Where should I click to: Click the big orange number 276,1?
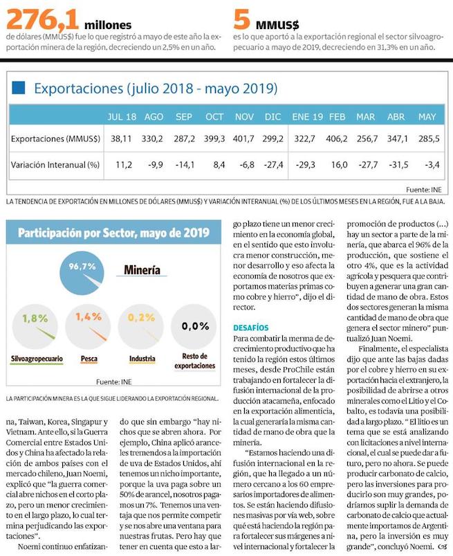pos(43,17)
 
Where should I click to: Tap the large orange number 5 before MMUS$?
pos(242,17)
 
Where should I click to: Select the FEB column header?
pos(337,117)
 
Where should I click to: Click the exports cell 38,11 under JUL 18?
pos(121,138)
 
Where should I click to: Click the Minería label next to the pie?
pos(142,269)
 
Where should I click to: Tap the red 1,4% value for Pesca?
pos(88,316)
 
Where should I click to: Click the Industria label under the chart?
pos(142,359)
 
